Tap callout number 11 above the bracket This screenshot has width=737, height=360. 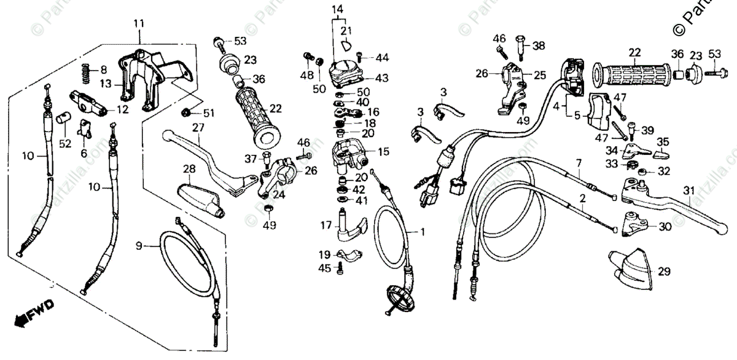139,24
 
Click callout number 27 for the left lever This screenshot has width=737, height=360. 197,128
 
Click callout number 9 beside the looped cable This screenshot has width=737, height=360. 139,246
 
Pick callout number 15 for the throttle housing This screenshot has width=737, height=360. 383,151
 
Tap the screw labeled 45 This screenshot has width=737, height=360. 340,268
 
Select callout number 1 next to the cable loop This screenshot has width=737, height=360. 423,232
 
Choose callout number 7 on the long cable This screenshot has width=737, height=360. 578,163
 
